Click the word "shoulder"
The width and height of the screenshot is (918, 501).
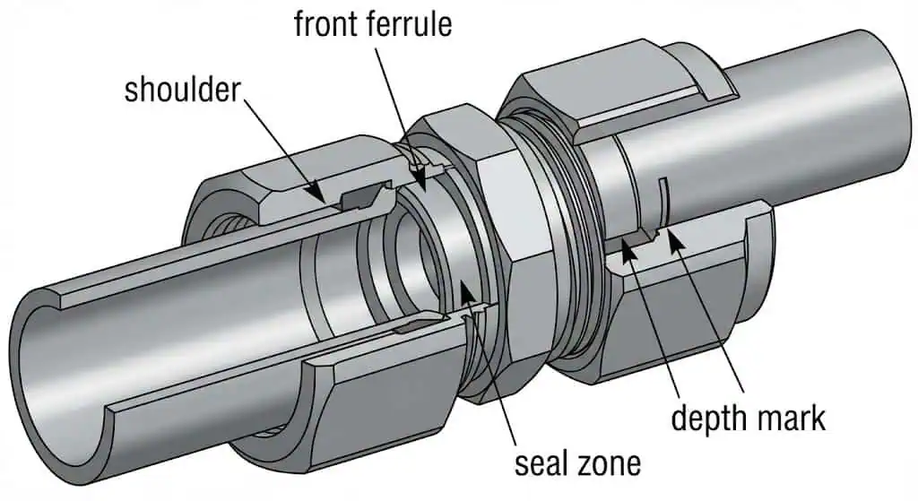[183, 90]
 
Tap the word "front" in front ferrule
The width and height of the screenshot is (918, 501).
[328, 23]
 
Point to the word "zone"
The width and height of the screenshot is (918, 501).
[611, 463]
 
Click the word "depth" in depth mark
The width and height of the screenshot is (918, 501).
[708, 417]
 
